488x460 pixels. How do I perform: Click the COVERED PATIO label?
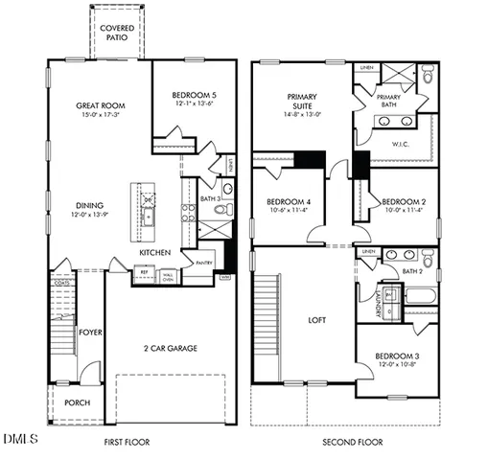point(117,33)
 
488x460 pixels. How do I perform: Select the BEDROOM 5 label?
point(195,95)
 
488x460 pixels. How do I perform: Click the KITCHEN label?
point(155,252)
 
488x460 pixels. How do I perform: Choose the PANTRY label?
point(203,262)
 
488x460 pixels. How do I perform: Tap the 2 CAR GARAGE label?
point(170,348)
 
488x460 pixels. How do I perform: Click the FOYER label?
point(90,333)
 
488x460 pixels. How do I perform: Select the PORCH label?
point(77,402)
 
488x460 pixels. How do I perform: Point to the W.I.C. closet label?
point(401,145)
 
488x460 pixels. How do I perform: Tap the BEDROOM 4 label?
point(288,202)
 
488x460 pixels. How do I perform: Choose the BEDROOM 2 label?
point(403,202)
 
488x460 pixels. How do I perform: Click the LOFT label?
point(318,320)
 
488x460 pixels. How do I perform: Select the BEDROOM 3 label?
point(395,356)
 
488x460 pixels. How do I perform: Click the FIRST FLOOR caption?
point(128,442)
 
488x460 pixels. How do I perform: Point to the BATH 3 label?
point(211,198)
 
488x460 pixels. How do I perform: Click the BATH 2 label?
point(413,271)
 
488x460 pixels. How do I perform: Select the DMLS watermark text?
point(19,440)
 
